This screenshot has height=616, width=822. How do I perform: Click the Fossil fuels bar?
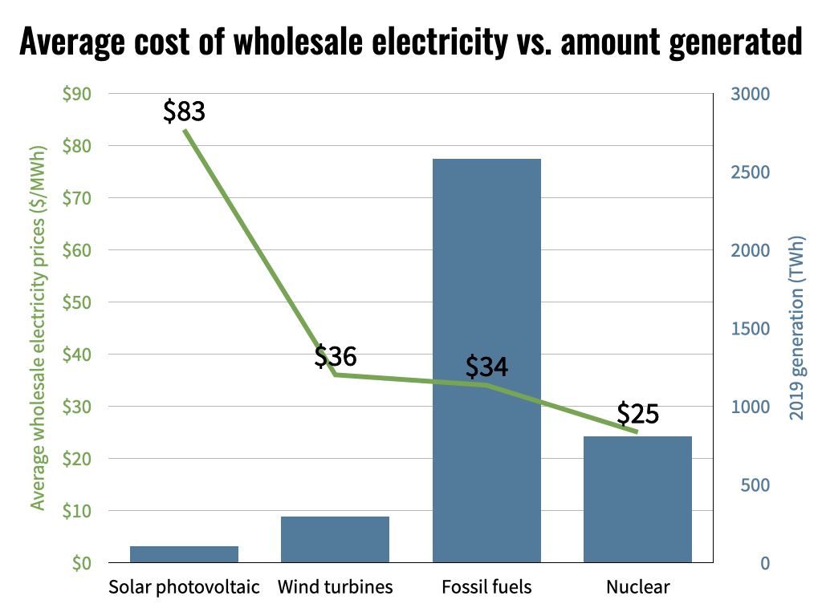486,361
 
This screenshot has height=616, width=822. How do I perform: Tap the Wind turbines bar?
335,539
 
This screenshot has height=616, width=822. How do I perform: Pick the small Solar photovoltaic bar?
184,554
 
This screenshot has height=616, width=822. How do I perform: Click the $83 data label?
184,111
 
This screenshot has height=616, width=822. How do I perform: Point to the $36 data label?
335,355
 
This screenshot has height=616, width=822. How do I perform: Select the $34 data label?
486,367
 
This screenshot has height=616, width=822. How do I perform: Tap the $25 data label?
637,414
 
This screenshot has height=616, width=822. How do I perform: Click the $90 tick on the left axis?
77,94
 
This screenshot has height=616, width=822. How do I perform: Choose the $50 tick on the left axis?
77,302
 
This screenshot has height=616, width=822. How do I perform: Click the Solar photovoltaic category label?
184,587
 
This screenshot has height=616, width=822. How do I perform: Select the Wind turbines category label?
335,587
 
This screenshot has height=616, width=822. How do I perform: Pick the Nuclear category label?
637,587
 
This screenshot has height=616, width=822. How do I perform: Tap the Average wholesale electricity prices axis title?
38,327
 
